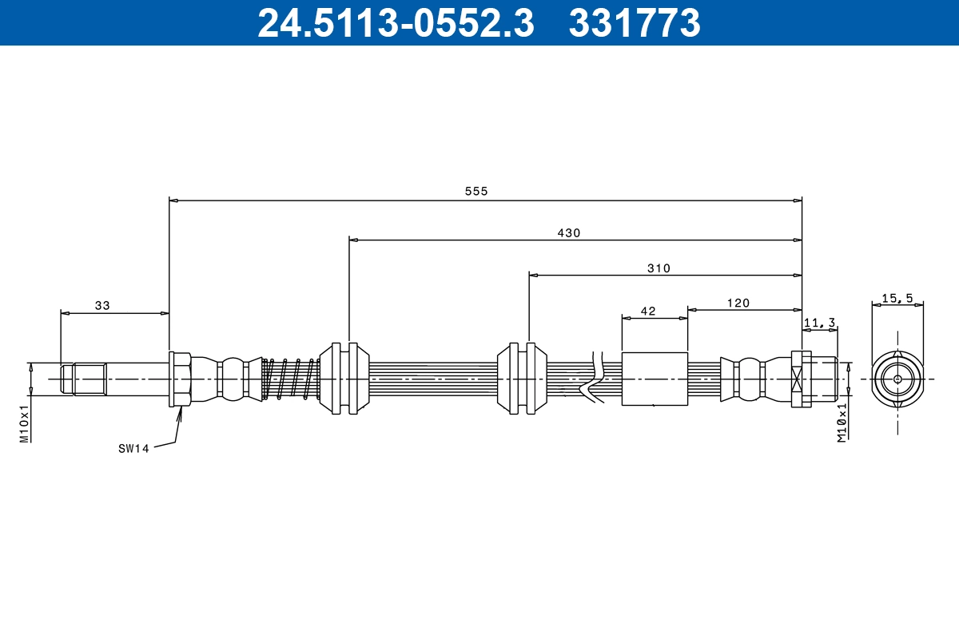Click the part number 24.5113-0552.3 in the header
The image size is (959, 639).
coord(395,23)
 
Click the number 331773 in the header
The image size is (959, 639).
coord(635,23)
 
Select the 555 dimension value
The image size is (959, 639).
coord(476,191)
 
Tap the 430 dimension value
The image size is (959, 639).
coord(568,233)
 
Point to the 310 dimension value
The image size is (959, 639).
coord(659,268)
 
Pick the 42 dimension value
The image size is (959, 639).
coord(648,312)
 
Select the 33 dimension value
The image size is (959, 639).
coord(102,305)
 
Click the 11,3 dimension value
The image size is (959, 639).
coord(819,323)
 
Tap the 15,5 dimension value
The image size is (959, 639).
coord(897,298)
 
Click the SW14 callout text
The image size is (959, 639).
coord(133,449)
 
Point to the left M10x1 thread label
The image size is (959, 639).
coord(24,423)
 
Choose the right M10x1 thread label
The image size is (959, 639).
coord(842,423)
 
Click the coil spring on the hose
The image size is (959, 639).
coord(291,379)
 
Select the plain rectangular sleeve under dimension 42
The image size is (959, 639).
coord(655,379)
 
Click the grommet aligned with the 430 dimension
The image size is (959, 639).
coord(344,379)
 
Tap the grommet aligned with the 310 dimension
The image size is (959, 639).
coord(522,379)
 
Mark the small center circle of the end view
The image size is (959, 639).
coord(897,379)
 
